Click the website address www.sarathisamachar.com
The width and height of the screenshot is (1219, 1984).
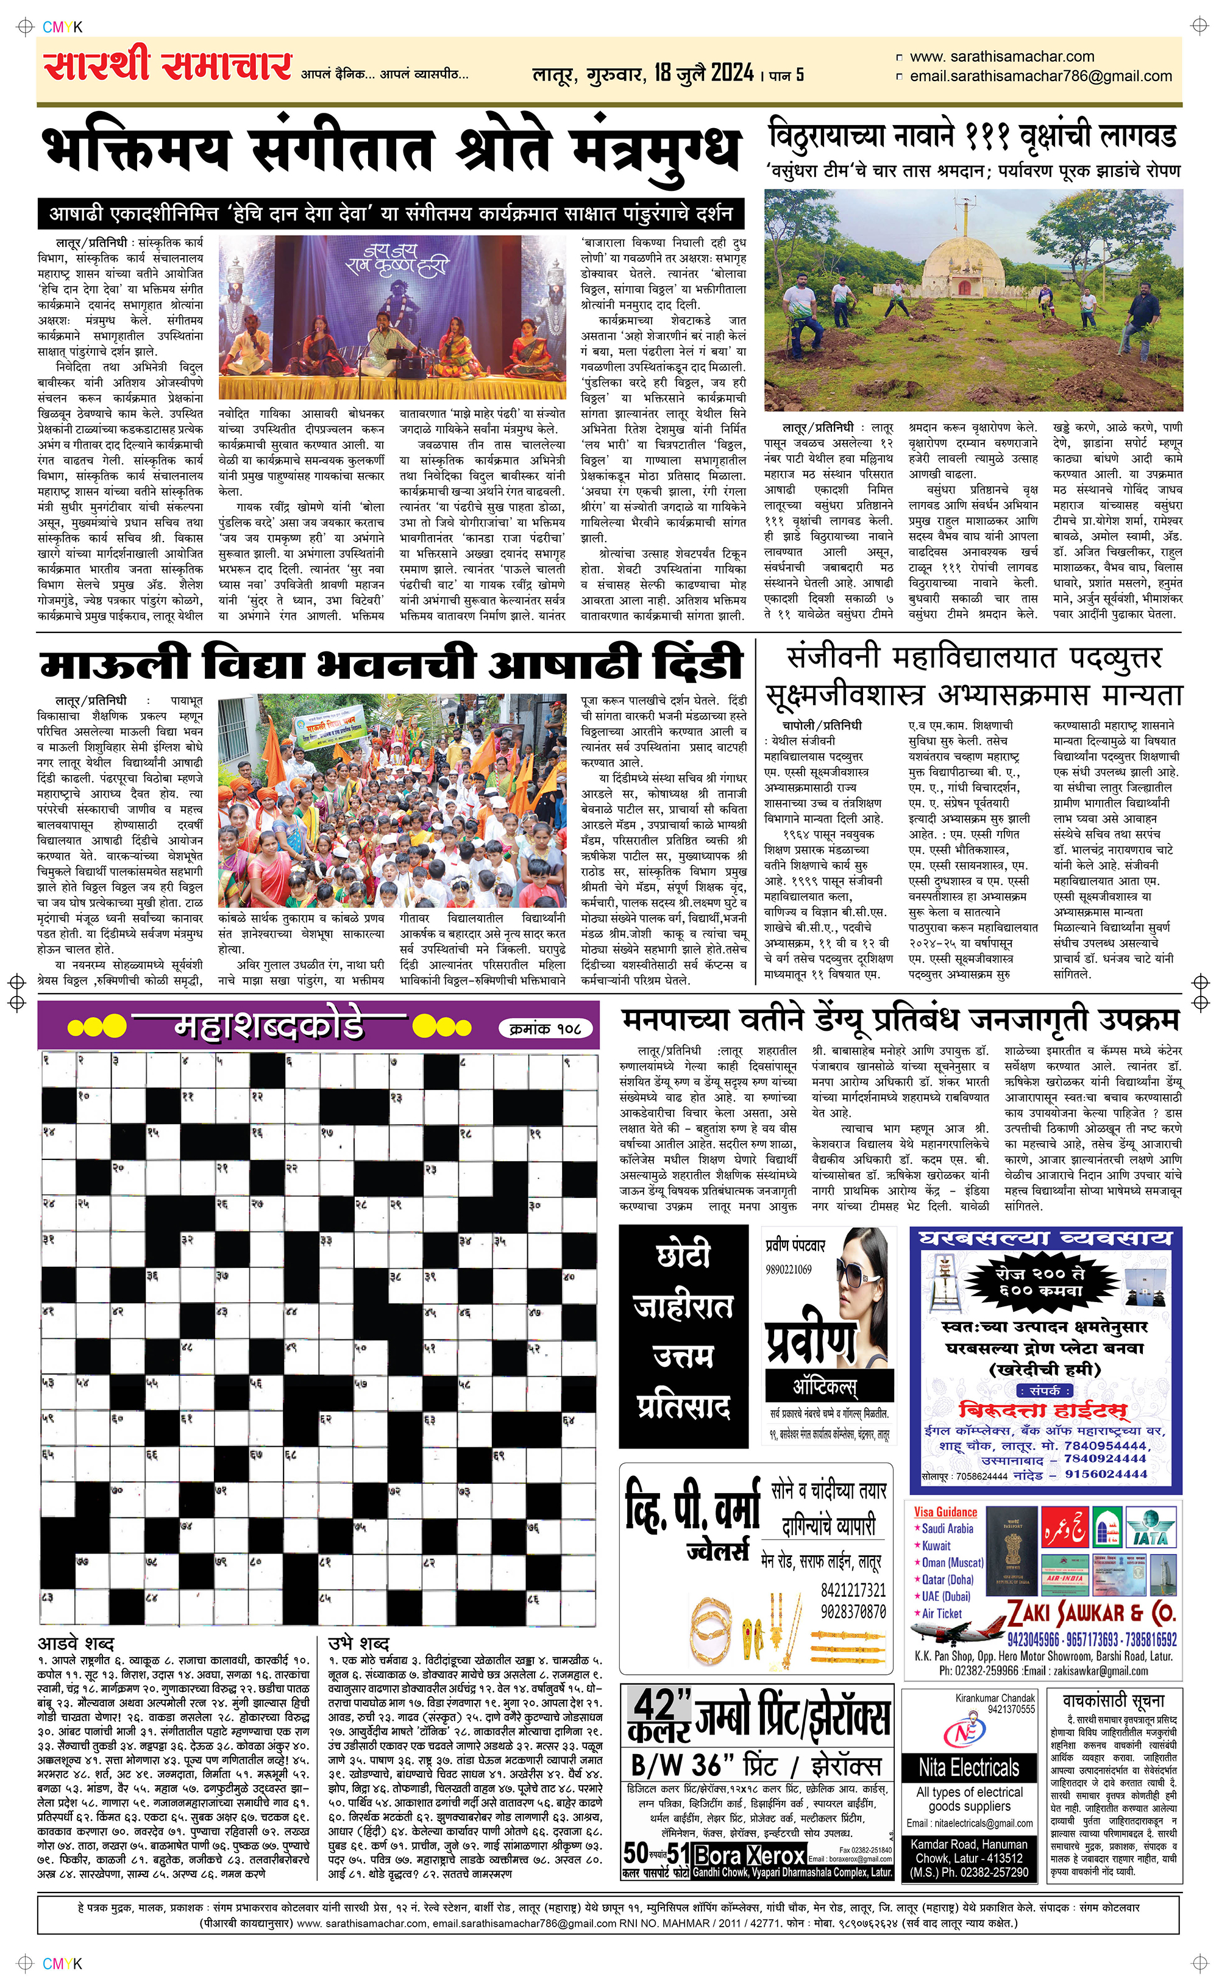click(x=1001, y=57)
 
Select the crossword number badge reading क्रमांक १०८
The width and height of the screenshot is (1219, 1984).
click(x=546, y=1028)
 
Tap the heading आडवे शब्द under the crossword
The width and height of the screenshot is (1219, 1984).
click(x=76, y=1643)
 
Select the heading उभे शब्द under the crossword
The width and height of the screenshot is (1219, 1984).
click(x=359, y=1643)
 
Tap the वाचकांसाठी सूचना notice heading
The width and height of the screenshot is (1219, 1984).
click(x=1114, y=1700)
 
